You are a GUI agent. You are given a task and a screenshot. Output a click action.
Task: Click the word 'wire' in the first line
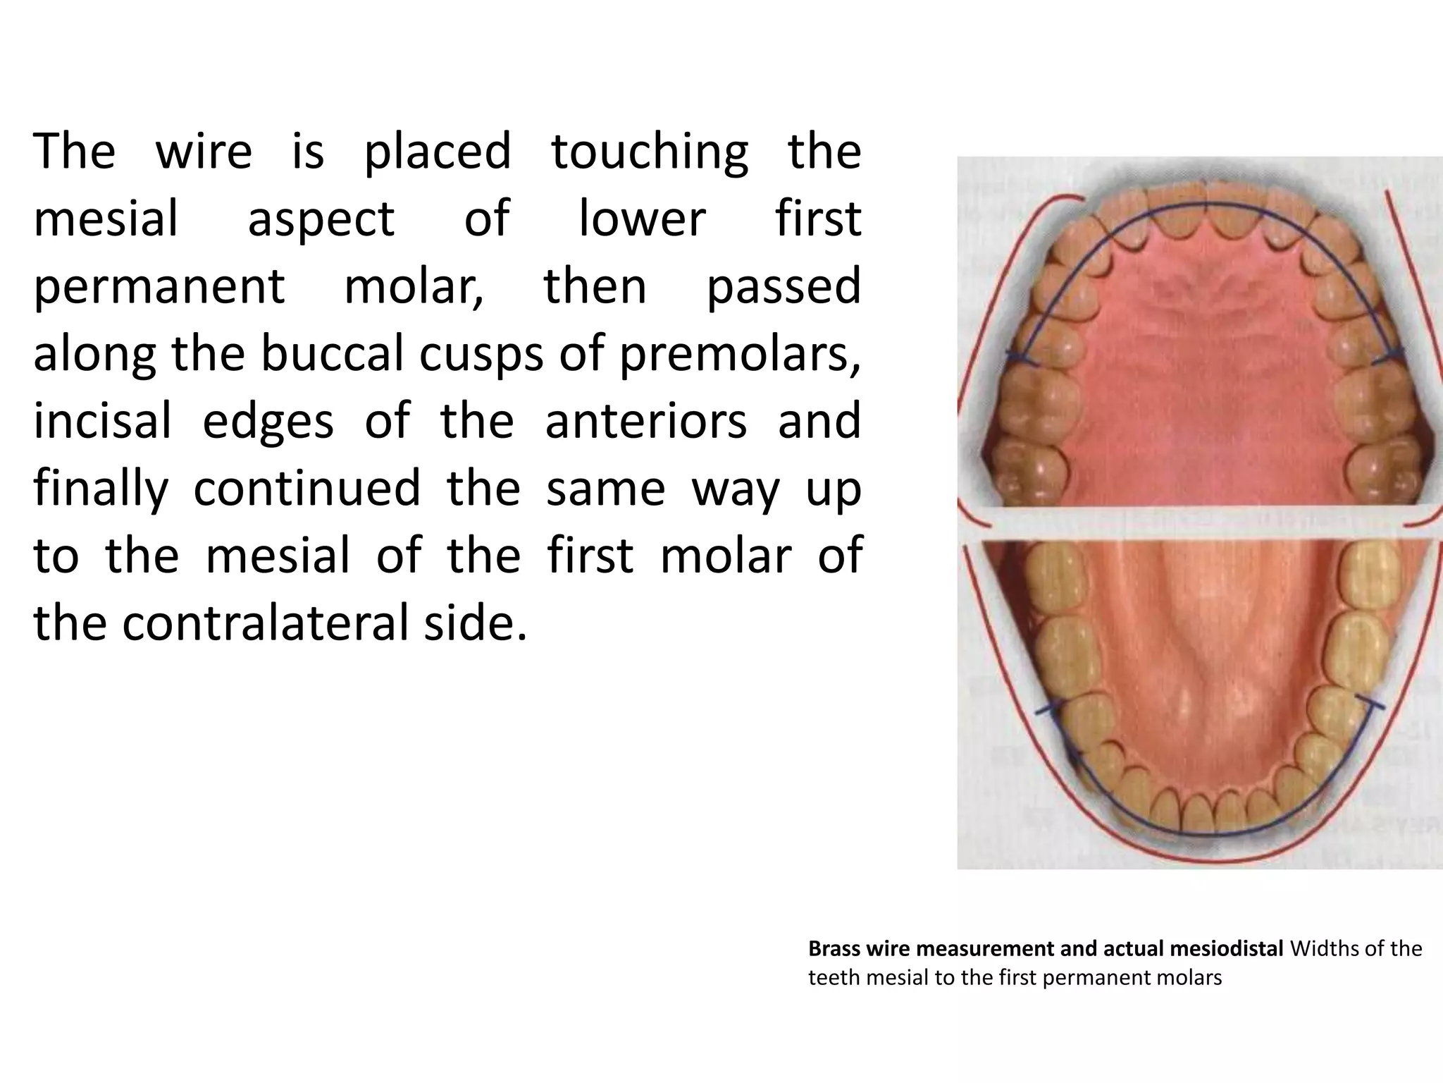point(203,152)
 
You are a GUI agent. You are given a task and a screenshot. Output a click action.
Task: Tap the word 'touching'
point(649,153)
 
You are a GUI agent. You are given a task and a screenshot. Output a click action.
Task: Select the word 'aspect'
point(321,220)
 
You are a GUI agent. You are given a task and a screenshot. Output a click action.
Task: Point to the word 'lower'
point(641,219)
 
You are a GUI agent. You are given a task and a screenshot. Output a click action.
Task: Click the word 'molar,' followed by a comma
point(414,287)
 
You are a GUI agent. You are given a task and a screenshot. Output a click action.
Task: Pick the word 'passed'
point(784,287)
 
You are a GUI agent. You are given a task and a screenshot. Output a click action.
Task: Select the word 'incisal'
point(103,420)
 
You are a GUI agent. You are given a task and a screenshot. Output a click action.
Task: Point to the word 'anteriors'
point(645,420)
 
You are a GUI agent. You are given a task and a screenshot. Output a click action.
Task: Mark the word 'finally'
point(101,489)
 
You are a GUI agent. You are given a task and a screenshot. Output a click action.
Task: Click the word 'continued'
point(306,488)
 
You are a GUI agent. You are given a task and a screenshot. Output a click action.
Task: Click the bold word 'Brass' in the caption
point(834,949)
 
